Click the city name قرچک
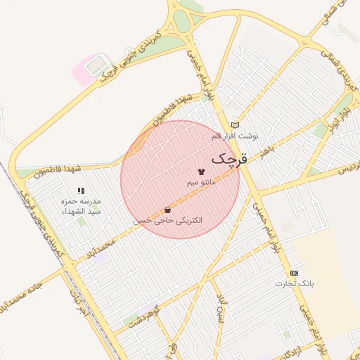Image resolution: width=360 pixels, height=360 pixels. point(229,159)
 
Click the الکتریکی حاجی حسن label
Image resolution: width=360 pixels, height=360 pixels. point(167,220)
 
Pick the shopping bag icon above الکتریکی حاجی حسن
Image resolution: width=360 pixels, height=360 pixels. point(167,210)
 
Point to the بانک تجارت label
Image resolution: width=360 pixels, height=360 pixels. point(293,283)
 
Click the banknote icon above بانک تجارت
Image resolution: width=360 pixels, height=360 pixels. point(293,273)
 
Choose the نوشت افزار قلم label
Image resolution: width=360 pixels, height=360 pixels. point(235,135)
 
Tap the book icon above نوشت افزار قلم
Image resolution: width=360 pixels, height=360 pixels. point(235,124)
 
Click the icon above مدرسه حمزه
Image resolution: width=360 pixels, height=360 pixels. point(81,191)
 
